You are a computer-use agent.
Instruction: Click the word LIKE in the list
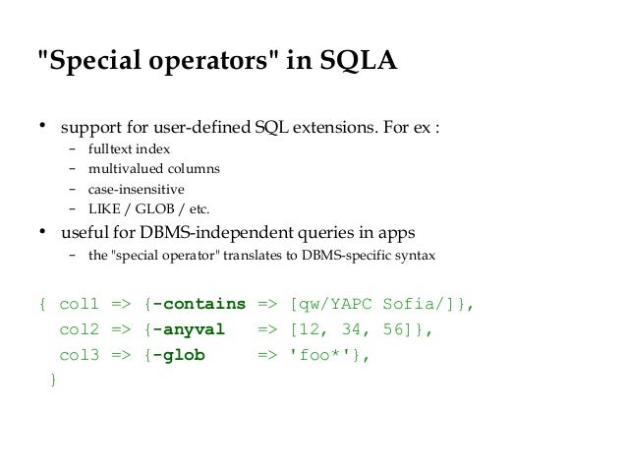[104, 208]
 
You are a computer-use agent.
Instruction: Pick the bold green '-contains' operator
[198, 305]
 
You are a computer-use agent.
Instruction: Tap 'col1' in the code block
[78, 305]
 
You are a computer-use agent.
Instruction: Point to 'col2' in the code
[78, 330]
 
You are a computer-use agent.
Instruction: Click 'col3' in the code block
[78, 356]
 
